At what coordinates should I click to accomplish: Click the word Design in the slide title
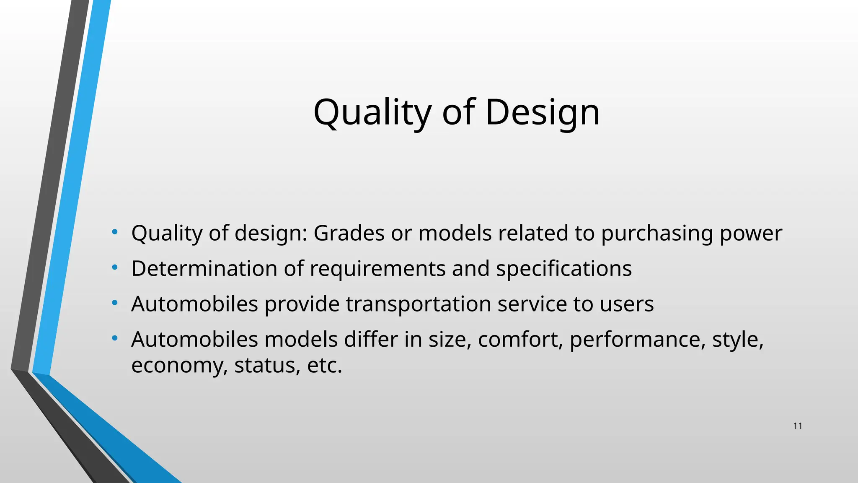pyautogui.click(x=542, y=112)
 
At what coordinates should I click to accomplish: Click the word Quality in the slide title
pyautogui.click(x=372, y=112)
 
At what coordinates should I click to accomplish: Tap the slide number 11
pyautogui.click(x=798, y=426)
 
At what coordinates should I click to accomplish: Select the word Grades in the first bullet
pyautogui.click(x=349, y=233)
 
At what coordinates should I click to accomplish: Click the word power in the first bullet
pyautogui.click(x=751, y=234)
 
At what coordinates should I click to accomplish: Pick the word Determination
pyautogui.click(x=204, y=268)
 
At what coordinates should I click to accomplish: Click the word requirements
pyautogui.click(x=377, y=269)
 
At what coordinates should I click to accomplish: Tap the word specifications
pyautogui.click(x=564, y=269)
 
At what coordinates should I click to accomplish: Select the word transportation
pyautogui.click(x=419, y=304)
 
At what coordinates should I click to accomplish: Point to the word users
pyautogui.click(x=627, y=304)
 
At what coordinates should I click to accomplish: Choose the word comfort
pyautogui.click(x=520, y=340)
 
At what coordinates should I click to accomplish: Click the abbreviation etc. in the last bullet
pyautogui.click(x=325, y=366)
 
